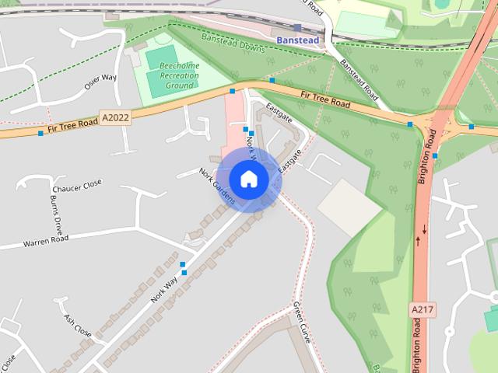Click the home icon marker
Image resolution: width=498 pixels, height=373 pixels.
point(249,179)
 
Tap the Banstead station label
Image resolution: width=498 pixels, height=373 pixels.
point(299,40)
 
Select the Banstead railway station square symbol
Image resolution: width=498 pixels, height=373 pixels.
point(297,28)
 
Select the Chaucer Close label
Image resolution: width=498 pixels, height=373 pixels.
point(77,185)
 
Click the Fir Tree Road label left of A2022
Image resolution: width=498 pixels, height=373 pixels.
point(72,128)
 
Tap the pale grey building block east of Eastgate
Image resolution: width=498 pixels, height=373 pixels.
point(349,206)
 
